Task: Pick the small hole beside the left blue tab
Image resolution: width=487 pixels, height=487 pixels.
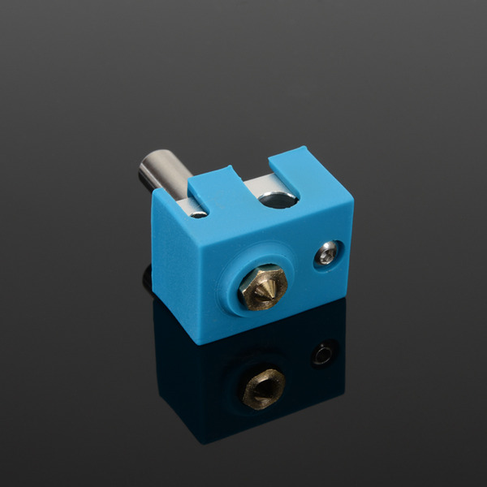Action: (198, 212)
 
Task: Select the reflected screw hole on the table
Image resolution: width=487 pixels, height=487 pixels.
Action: (323, 354)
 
